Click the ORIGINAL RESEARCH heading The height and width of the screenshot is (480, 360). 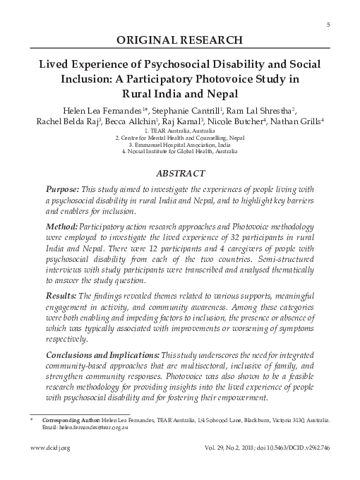pos(179,40)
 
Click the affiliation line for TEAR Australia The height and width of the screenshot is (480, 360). pos(179,131)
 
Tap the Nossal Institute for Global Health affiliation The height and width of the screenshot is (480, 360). pos(179,151)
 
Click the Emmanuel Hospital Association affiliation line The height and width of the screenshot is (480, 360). pos(179,145)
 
